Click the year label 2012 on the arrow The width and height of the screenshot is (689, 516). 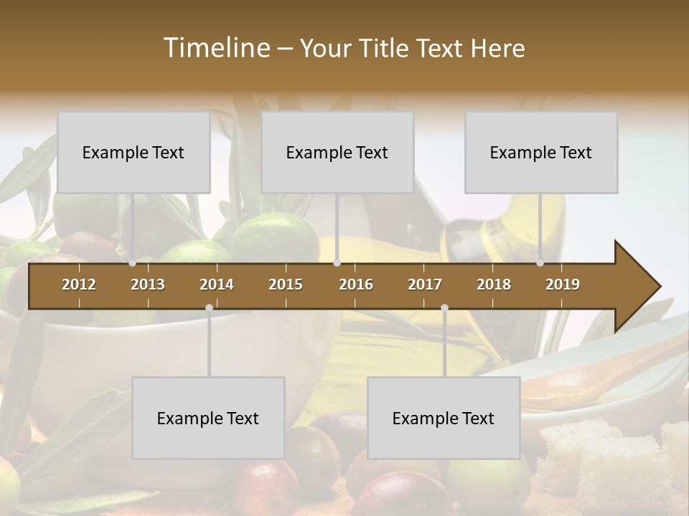point(79,285)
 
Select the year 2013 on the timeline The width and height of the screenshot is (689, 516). point(148,285)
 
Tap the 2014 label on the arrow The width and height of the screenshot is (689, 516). point(217,285)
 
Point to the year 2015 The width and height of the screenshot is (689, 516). point(286,285)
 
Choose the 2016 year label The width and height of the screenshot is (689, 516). point(356,285)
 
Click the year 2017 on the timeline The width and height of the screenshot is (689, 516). point(425,285)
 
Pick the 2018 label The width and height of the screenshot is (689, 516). point(494,285)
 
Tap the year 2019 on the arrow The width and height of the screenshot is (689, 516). point(563,285)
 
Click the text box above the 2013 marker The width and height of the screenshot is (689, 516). point(133,152)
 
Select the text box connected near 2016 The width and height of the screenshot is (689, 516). point(337,152)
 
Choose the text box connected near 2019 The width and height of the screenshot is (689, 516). point(541,152)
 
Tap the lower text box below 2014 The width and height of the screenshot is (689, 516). point(208,418)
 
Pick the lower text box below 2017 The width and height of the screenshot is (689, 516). point(444,418)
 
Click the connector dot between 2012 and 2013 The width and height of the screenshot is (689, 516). point(133,263)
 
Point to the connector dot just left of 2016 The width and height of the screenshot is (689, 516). point(337,263)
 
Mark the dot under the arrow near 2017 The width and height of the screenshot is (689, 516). point(444,308)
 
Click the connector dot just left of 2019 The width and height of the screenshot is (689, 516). point(540,263)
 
